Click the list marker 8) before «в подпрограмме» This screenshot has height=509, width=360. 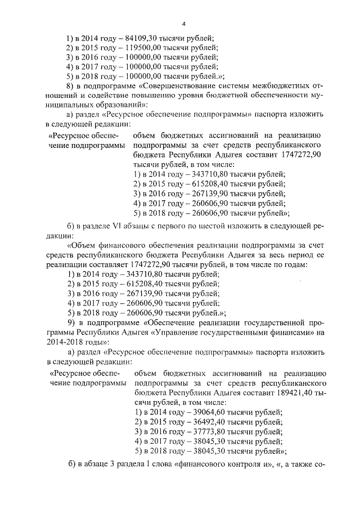click(x=70, y=85)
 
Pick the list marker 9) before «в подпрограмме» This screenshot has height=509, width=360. click(x=70, y=323)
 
